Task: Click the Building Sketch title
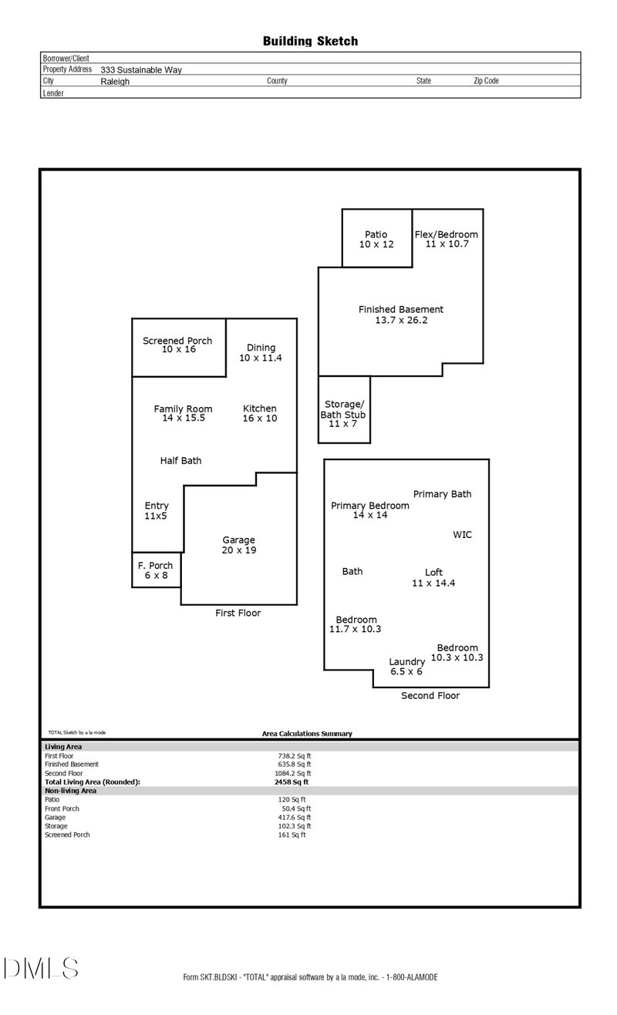[x=310, y=41]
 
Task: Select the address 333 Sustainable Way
[x=141, y=69]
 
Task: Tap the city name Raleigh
[x=115, y=81]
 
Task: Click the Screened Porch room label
[x=178, y=345]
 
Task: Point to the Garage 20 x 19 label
[x=239, y=545]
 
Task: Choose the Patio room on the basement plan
[x=376, y=239]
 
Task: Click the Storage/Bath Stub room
[x=343, y=414]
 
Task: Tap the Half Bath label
[x=180, y=460]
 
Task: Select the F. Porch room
[x=157, y=570]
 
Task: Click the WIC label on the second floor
[x=462, y=534]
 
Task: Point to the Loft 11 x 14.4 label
[x=433, y=577]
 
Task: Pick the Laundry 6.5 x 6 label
[x=406, y=667]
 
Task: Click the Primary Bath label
[x=442, y=494]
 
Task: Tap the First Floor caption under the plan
[x=238, y=613]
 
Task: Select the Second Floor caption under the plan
[x=430, y=695]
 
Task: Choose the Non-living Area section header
[x=70, y=791]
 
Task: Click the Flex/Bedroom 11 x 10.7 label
[x=447, y=239]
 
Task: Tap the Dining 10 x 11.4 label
[x=261, y=353]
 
